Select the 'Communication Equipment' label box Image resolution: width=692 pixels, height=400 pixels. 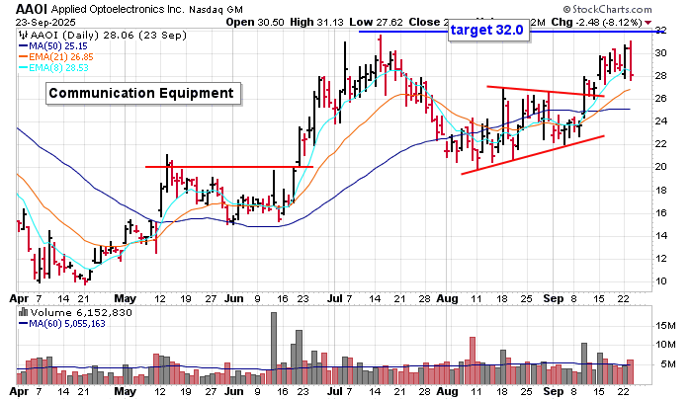pos(143,94)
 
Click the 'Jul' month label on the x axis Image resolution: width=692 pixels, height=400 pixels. pos(335,296)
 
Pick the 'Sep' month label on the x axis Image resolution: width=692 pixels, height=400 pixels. pos(552,296)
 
